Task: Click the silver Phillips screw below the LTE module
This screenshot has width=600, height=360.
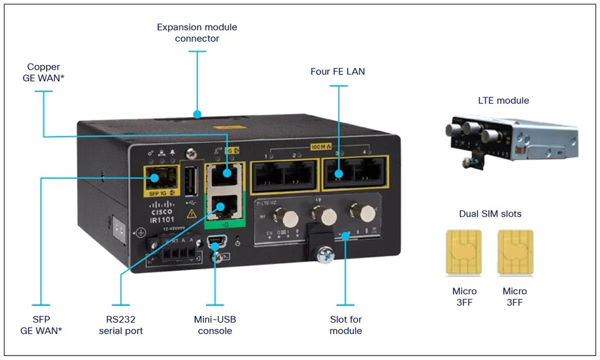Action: [x=323, y=256]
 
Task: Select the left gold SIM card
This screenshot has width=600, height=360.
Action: [x=463, y=252]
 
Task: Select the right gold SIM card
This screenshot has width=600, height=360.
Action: [x=514, y=252]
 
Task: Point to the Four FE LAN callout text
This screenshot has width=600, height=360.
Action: [x=338, y=72]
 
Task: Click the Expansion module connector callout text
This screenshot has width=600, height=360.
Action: [x=197, y=33]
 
